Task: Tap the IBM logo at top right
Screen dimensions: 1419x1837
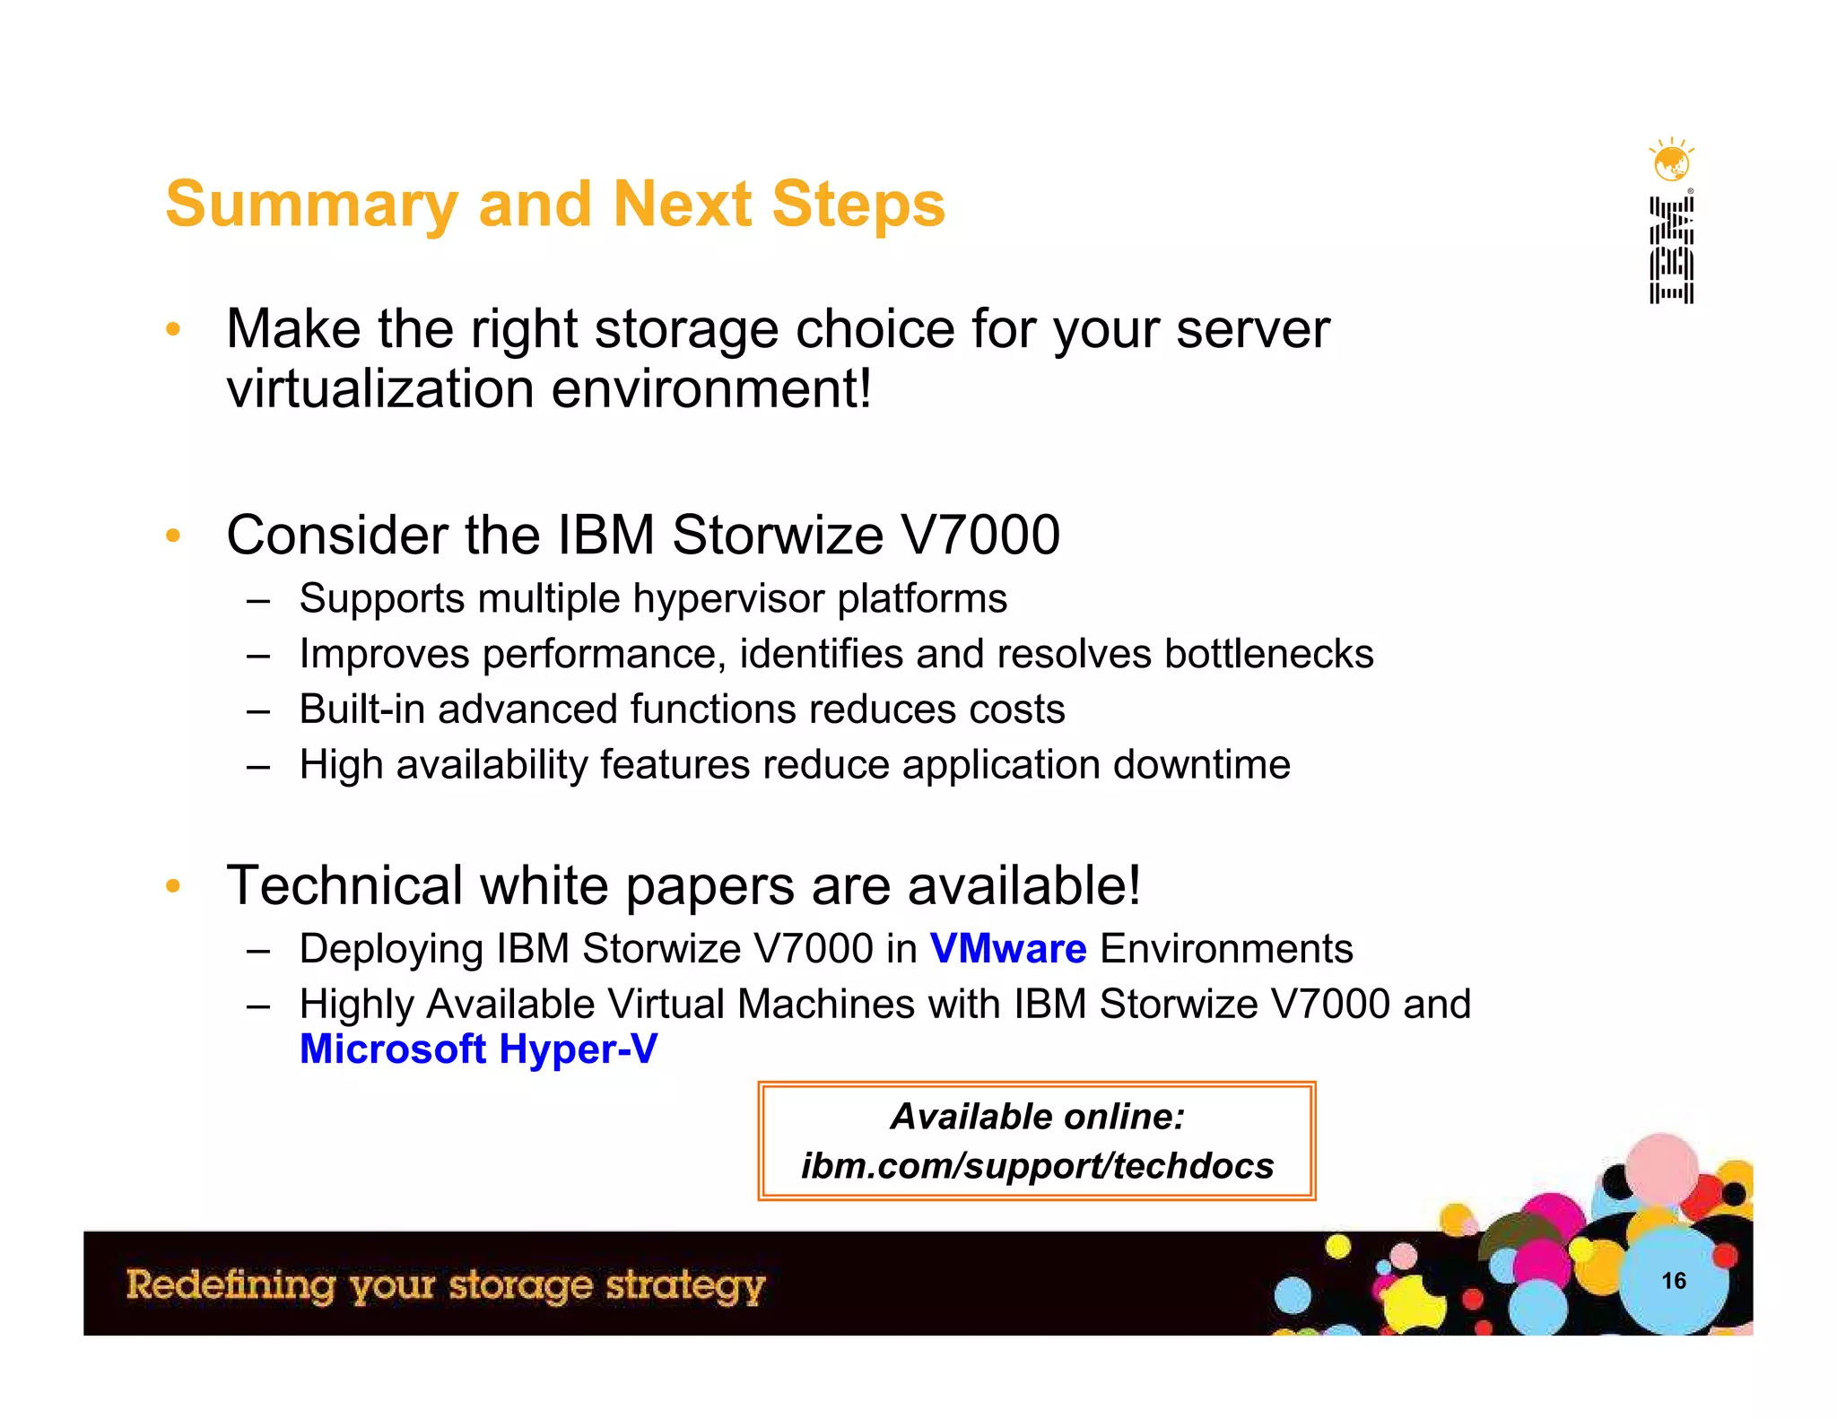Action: coord(1671,251)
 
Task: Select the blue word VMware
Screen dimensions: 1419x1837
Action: coord(1008,949)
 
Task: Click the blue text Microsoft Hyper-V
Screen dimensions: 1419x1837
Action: coord(478,1049)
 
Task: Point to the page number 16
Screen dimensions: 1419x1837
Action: coord(1674,1281)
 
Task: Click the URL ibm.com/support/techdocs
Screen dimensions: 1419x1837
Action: coord(1037,1166)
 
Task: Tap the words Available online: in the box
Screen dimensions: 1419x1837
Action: coord(1037,1117)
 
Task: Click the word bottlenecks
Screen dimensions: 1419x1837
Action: coord(1268,654)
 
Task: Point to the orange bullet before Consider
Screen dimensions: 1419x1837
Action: coord(173,536)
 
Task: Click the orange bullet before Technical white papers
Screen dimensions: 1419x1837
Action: coord(173,886)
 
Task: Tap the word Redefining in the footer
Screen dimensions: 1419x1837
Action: coord(231,1284)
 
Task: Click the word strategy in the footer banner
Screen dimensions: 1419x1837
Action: coord(685,1286)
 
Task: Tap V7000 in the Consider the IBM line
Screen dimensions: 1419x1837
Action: coord(979,535)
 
